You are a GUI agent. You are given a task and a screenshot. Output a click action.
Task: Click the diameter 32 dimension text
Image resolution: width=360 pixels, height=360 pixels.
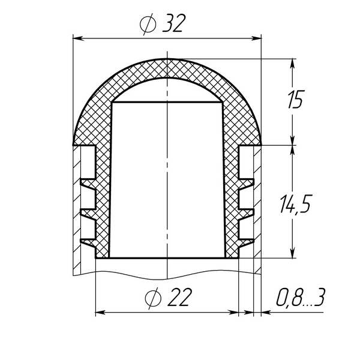coord(163,23)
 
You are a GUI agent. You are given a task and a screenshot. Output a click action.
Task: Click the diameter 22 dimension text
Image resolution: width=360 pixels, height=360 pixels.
coord(168,298)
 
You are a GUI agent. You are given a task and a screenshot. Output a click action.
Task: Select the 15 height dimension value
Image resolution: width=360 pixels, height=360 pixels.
coord(296,99)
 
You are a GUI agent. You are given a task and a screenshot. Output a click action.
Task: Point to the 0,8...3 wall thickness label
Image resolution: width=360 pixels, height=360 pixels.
coord(301,298)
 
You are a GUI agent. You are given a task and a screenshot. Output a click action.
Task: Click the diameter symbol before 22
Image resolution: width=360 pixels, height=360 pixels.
coord(154,298)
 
